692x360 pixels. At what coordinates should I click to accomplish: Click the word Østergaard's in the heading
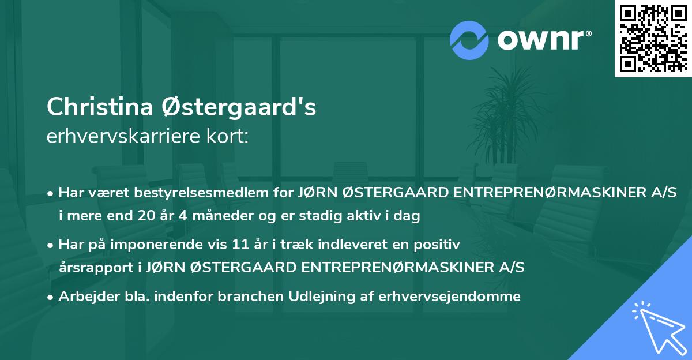[231, 107]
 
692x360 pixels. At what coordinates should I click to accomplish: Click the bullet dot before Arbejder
[51, 297]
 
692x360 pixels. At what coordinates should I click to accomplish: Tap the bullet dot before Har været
[51, 192]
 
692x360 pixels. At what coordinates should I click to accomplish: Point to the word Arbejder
[85, 297]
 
